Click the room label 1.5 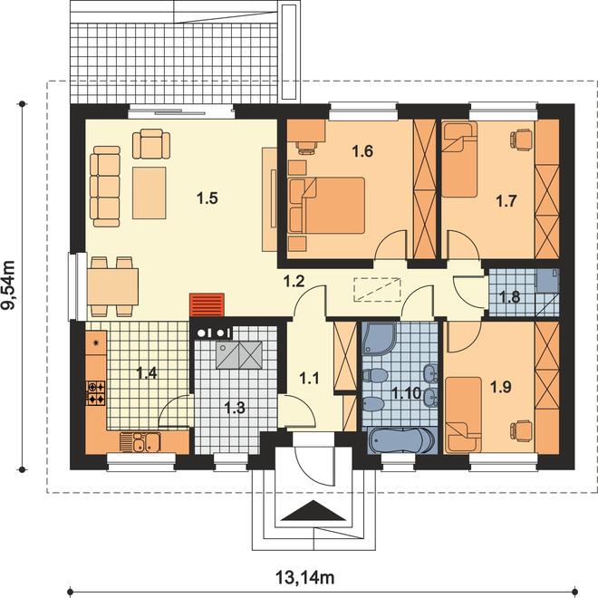[x=207, y=198]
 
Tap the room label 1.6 [x=362, y=151]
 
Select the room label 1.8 [x=510, y=296]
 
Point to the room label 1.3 [x=234, y=408]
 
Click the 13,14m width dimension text [x=304, y=578]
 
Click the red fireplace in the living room [x=207, y=304]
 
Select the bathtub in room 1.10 [x=401, y=441]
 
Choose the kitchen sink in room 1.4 [x=140, y=442]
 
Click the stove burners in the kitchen [x=96, y=393]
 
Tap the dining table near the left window [x=112, y=286]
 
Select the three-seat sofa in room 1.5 [x=105, y=187]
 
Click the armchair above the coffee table [x=151, y=144]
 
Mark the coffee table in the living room [x=149, y=193]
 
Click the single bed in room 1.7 [x=459, y=159]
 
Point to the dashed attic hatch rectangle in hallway [x=378, y=289]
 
